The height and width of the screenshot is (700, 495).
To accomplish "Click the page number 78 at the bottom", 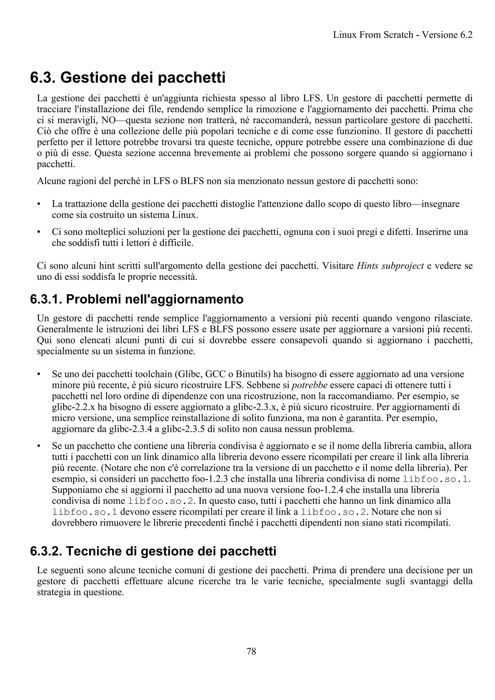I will (x=251, y=651).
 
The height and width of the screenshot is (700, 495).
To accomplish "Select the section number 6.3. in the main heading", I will (x=43, y=78).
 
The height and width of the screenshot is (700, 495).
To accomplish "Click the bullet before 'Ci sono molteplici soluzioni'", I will (x=39, y=232).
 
